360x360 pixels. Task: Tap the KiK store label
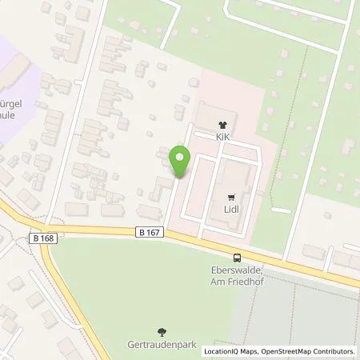tap(222, 137)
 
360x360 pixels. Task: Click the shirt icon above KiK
tap(222, 125)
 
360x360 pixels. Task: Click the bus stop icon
tap(237, 258)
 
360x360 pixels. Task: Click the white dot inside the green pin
tap(180, 156)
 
